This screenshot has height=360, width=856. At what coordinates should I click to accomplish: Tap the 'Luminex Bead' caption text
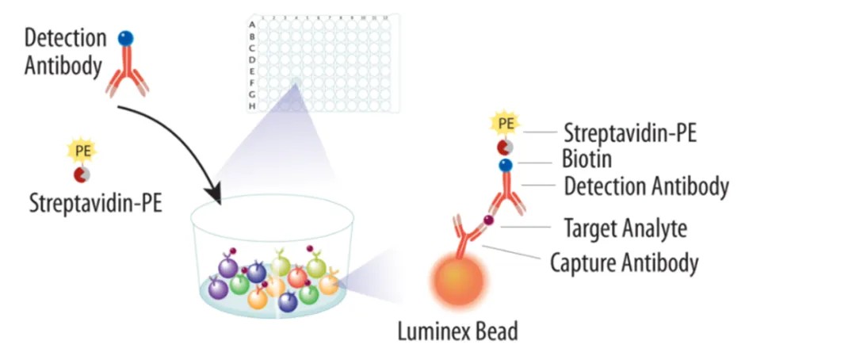(457, 330)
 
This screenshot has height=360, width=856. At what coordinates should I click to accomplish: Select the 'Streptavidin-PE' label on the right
(630, 132)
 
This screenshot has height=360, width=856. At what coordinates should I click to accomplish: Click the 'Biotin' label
(587, 159)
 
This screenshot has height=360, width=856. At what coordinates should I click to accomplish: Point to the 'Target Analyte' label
(625, 228)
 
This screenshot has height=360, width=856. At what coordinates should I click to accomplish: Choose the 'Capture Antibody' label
(625, 262)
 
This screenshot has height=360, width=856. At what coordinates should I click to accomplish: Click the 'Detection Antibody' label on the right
(646, 187)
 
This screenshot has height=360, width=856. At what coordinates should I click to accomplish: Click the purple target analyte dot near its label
(489, 220)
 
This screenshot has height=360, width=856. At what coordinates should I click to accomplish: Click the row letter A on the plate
(252, 25)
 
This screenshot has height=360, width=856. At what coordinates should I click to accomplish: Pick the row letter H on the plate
(252, 105)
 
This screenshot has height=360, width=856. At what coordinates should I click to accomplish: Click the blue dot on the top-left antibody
(126, 38)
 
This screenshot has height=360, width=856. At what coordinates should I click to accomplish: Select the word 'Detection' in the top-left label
(65, 37)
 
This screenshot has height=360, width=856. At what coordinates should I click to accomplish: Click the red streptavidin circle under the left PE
(82, 174)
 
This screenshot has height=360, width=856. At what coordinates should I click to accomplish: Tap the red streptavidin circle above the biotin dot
(505, 147)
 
